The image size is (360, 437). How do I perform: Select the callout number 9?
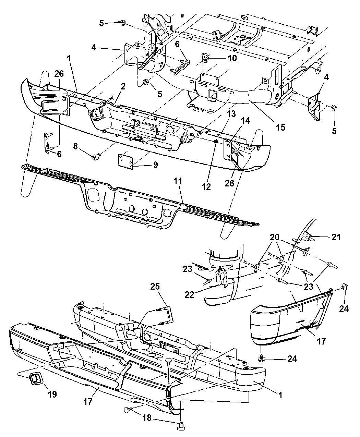[155, 165]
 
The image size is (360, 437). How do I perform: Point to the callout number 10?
[232, 58]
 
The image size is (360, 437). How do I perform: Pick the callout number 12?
[207, 187]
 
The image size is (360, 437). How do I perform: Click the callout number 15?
[280, 128]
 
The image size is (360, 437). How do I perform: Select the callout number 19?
[52, 394]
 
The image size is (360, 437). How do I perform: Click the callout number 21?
[336, 237]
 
